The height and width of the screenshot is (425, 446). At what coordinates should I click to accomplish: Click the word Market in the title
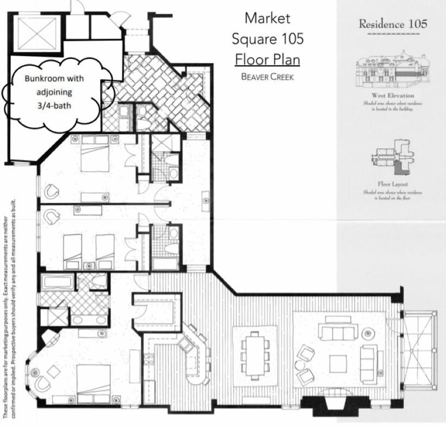pyautogui.click(x=267, y=18)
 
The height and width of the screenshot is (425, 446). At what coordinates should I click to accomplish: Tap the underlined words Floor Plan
pyautogui.click(x=267, y=60)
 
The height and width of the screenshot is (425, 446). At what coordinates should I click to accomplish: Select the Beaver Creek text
pyautogui.click(x=267, y=77)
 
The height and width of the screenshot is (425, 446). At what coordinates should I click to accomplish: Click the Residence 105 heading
pyautogui.click(x=393, y=24)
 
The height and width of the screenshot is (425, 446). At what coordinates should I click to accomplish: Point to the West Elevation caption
pyautogui.click(x=393, y=95)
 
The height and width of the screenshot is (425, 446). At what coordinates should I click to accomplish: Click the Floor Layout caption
pyautogui.click(x=393, y=184)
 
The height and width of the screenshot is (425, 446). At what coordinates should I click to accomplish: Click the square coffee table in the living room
pyautogui.click(x=338, y=364)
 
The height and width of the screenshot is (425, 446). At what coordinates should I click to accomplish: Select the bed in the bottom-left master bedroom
pyautogui.click(x=93, y=383)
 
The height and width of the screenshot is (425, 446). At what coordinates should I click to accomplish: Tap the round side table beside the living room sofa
pyautogui.click(x=368, y=333)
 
